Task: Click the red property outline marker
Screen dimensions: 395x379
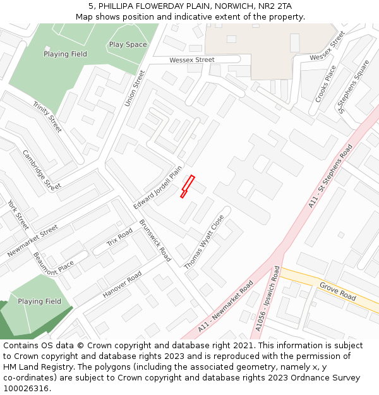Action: [x=188, y=186]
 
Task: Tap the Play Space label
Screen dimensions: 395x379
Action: [x=128, y=45]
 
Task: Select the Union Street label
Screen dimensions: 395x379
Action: [x=135, y=88]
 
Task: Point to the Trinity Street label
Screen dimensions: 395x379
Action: [x=47, y=117]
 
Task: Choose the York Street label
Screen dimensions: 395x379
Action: [x=18, y=215]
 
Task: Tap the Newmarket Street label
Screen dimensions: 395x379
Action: [x=32, y=241]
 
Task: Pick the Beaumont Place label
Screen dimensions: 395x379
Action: [x=54, y=263]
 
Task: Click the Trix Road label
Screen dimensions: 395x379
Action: [x=119, y=237]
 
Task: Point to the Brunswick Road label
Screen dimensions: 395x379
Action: [x=155, y=241]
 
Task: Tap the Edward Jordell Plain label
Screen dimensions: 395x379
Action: [x=157, y=188]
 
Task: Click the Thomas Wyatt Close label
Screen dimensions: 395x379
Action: [x=204, y=242]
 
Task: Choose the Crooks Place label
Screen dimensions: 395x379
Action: [x=326, y=84]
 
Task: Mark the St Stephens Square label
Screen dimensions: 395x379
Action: [x=354, y=87]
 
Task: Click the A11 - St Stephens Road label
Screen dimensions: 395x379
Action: [x=331, y=175]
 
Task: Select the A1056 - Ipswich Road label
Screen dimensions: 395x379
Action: [x=267, y=298]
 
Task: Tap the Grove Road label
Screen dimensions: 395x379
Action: [x=337, y=291]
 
